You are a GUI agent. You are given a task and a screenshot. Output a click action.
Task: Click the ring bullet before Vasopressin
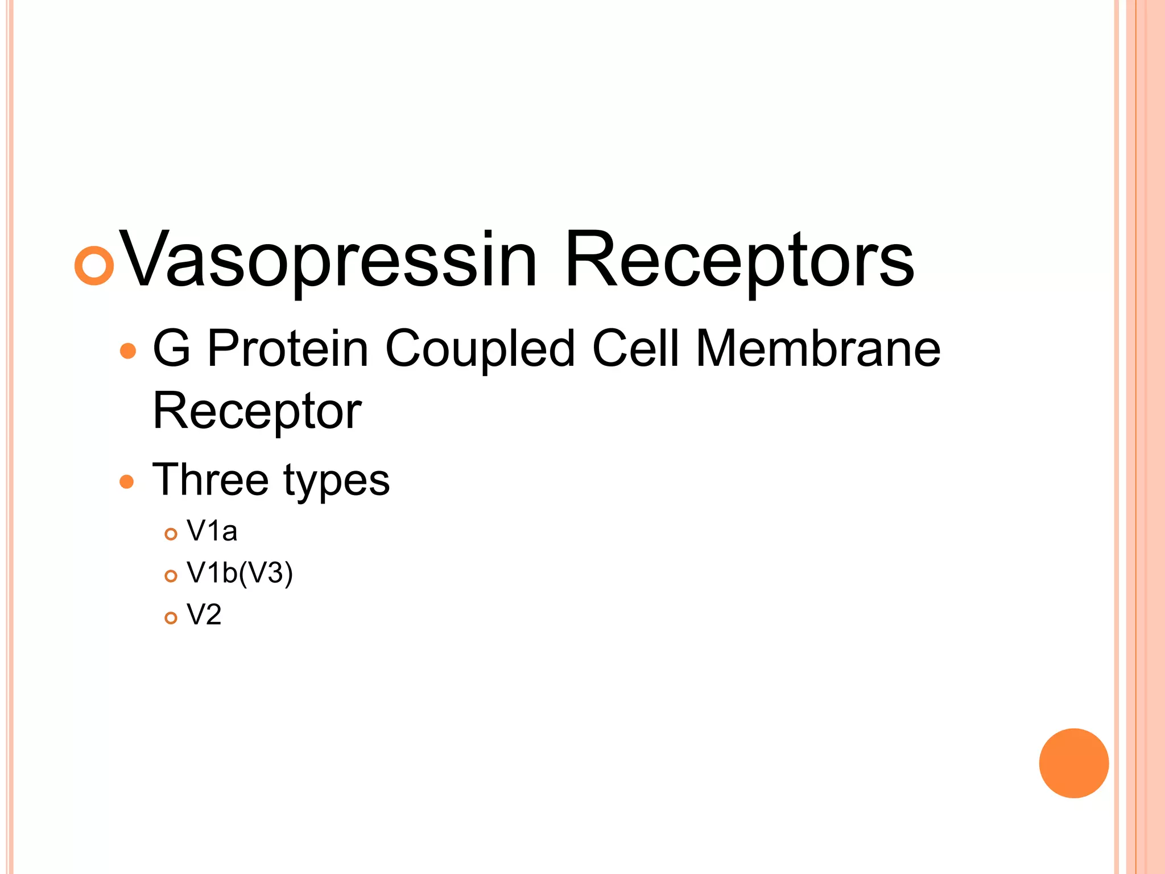click(94, 265)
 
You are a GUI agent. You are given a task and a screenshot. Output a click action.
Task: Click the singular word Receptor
click(257, 411)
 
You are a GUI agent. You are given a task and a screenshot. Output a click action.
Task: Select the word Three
click(210, 479)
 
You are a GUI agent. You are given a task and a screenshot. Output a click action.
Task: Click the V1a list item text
click(212, 531)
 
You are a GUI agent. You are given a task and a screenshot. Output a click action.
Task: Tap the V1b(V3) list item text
click(239, 573)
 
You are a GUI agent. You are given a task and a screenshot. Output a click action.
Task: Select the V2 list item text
click(204, 615)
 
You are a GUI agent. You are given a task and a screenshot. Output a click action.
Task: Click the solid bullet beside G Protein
click(129, 351)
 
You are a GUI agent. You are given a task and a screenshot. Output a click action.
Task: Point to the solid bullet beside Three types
click(127, 482)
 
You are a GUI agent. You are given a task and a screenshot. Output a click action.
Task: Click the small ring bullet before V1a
click(171, 534)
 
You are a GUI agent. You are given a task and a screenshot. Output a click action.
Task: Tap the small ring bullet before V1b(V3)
click(171, 576)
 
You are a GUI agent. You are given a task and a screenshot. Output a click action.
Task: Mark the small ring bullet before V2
click(171, 618)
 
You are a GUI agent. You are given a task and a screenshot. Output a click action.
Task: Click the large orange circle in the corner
click(1073, 763)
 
